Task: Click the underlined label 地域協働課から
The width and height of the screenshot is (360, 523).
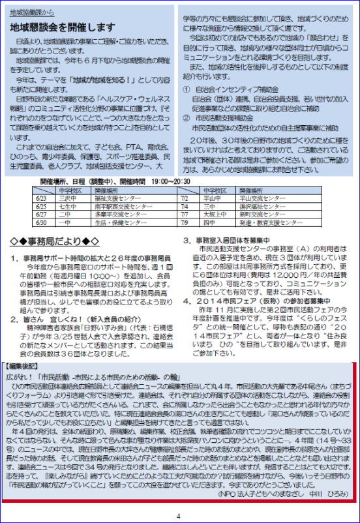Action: click(x=34, y=12)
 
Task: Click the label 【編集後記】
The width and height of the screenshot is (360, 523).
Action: click(x=24, y=366)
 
